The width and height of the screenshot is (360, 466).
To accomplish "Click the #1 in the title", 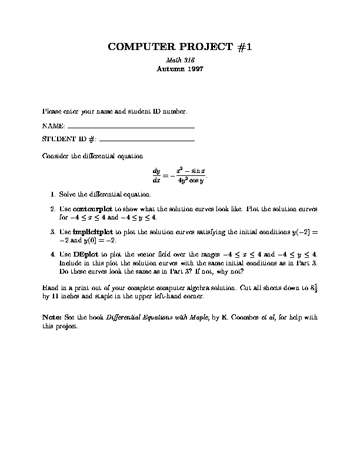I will [x=244, y=47].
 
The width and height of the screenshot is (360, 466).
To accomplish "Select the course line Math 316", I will [x=180, y=60].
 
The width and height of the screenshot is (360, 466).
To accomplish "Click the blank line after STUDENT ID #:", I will [x=147, y=140].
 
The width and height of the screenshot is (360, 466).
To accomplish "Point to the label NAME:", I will [x=54, y=126].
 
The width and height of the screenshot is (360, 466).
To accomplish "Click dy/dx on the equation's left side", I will [x=156, y=175].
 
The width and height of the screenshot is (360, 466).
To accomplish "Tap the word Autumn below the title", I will [x=168, y=69].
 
